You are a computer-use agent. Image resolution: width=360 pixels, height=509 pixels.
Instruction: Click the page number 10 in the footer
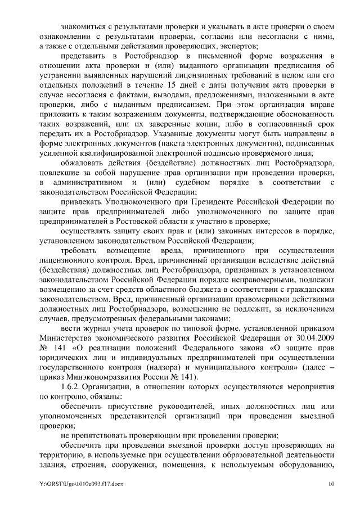pos(331,484)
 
